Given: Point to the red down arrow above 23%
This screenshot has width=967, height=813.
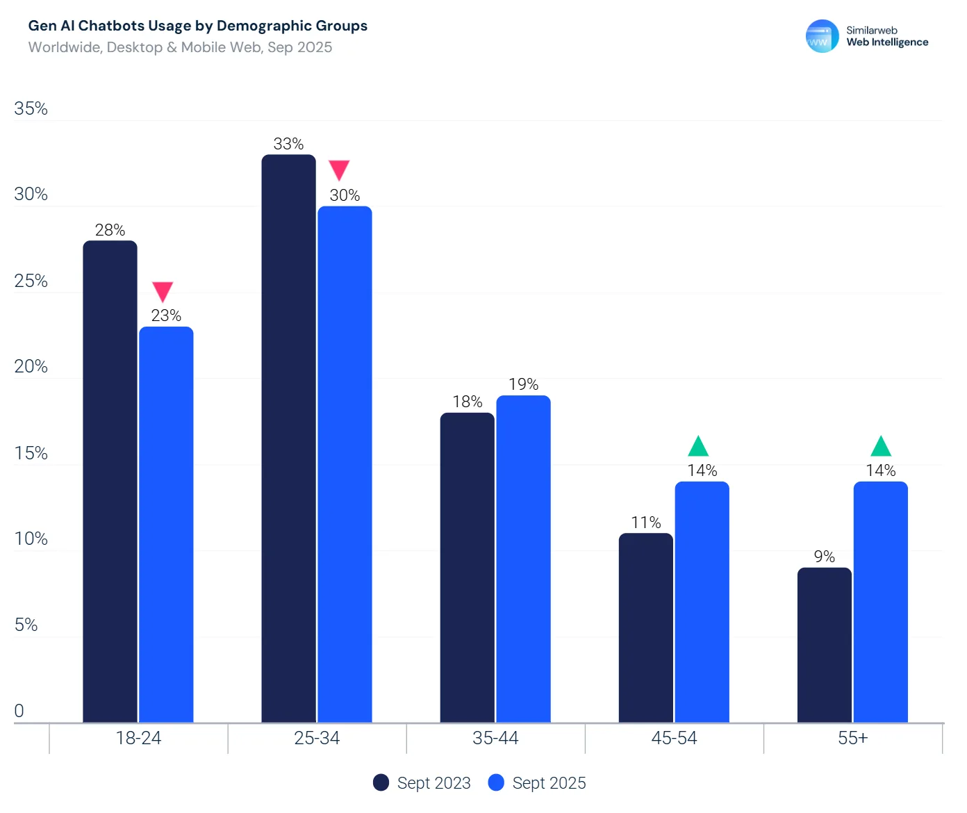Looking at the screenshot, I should tap(163, 291).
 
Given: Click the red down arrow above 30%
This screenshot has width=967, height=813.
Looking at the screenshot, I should tap(339, 170).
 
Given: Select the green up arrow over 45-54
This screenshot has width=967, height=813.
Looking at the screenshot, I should tap(698, 446).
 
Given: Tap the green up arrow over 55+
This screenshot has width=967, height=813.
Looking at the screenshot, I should tap(881, 446).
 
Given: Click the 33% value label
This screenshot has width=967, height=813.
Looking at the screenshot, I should tap(288, 144).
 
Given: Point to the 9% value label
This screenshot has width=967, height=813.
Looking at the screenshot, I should tap(824, 557).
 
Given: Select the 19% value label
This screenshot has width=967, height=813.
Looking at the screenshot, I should tap(523, 384).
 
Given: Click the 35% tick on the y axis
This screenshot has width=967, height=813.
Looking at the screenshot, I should tap(31, 108).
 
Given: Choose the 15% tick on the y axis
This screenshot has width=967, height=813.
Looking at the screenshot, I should tap(31, 453).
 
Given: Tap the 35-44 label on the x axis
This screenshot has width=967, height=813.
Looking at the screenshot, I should tap(495, 738).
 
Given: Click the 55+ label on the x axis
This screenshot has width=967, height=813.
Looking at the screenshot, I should tap(852, 738).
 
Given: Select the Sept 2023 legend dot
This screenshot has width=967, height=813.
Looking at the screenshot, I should tap(381, 783).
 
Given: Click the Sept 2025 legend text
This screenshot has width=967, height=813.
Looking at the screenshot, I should tap(549, 783).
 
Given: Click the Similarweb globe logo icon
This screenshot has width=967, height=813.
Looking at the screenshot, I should tap(822, 36).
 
